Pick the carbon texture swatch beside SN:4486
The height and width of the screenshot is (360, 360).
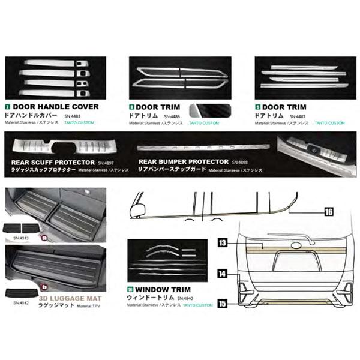(202, 112)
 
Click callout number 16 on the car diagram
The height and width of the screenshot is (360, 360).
(329, 211)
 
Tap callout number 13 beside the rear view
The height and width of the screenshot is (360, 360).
(223, 242)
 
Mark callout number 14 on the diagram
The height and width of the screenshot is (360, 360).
(223, 274)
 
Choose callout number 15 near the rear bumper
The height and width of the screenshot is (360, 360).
(223, 304)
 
